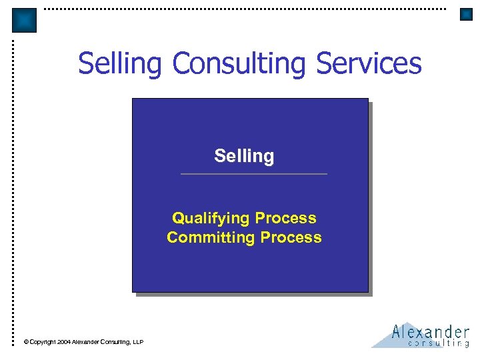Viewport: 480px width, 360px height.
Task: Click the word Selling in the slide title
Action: (120, 64)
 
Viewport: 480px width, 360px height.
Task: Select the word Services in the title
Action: (369, 64)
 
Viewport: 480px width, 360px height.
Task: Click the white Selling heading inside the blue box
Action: (244, 156)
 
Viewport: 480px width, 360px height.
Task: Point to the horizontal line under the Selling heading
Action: (254, 174)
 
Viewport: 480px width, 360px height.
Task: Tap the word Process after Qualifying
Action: (285, 218)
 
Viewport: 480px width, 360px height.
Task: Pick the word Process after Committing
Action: (291, 237)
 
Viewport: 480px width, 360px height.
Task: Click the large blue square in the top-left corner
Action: (25, 21)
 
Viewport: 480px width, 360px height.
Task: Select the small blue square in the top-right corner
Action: (466, 14)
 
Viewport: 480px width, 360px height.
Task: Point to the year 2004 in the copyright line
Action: (64, 342)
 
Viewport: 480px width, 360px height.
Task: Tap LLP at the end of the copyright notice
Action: (138, 342)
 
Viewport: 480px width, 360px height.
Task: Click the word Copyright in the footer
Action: (42, 342)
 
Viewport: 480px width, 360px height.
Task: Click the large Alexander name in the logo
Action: (431, 331)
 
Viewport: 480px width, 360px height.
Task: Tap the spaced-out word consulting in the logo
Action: (438, 344)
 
